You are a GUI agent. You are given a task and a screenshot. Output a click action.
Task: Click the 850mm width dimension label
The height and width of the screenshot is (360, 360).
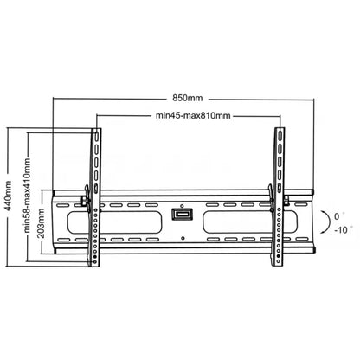[x=188, y=98]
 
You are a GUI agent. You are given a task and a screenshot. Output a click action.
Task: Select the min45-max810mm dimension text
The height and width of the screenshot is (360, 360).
[x=193, y=116]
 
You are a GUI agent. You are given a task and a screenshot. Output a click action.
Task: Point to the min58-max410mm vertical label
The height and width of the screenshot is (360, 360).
[x=27, y=196]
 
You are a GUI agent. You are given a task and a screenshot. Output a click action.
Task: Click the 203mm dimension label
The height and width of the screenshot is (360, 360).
[x=41, y=223]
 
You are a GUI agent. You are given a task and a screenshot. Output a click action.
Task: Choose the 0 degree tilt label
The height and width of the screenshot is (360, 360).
[x=337, y=216]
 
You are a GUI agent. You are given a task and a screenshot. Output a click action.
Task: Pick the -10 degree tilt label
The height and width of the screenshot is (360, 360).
[x=341, y=230]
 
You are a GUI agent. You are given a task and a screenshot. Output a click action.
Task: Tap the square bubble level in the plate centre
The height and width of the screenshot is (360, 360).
[x=182, y=215]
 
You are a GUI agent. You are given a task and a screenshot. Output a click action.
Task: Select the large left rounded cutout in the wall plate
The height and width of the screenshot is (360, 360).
[x=114, y=222]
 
